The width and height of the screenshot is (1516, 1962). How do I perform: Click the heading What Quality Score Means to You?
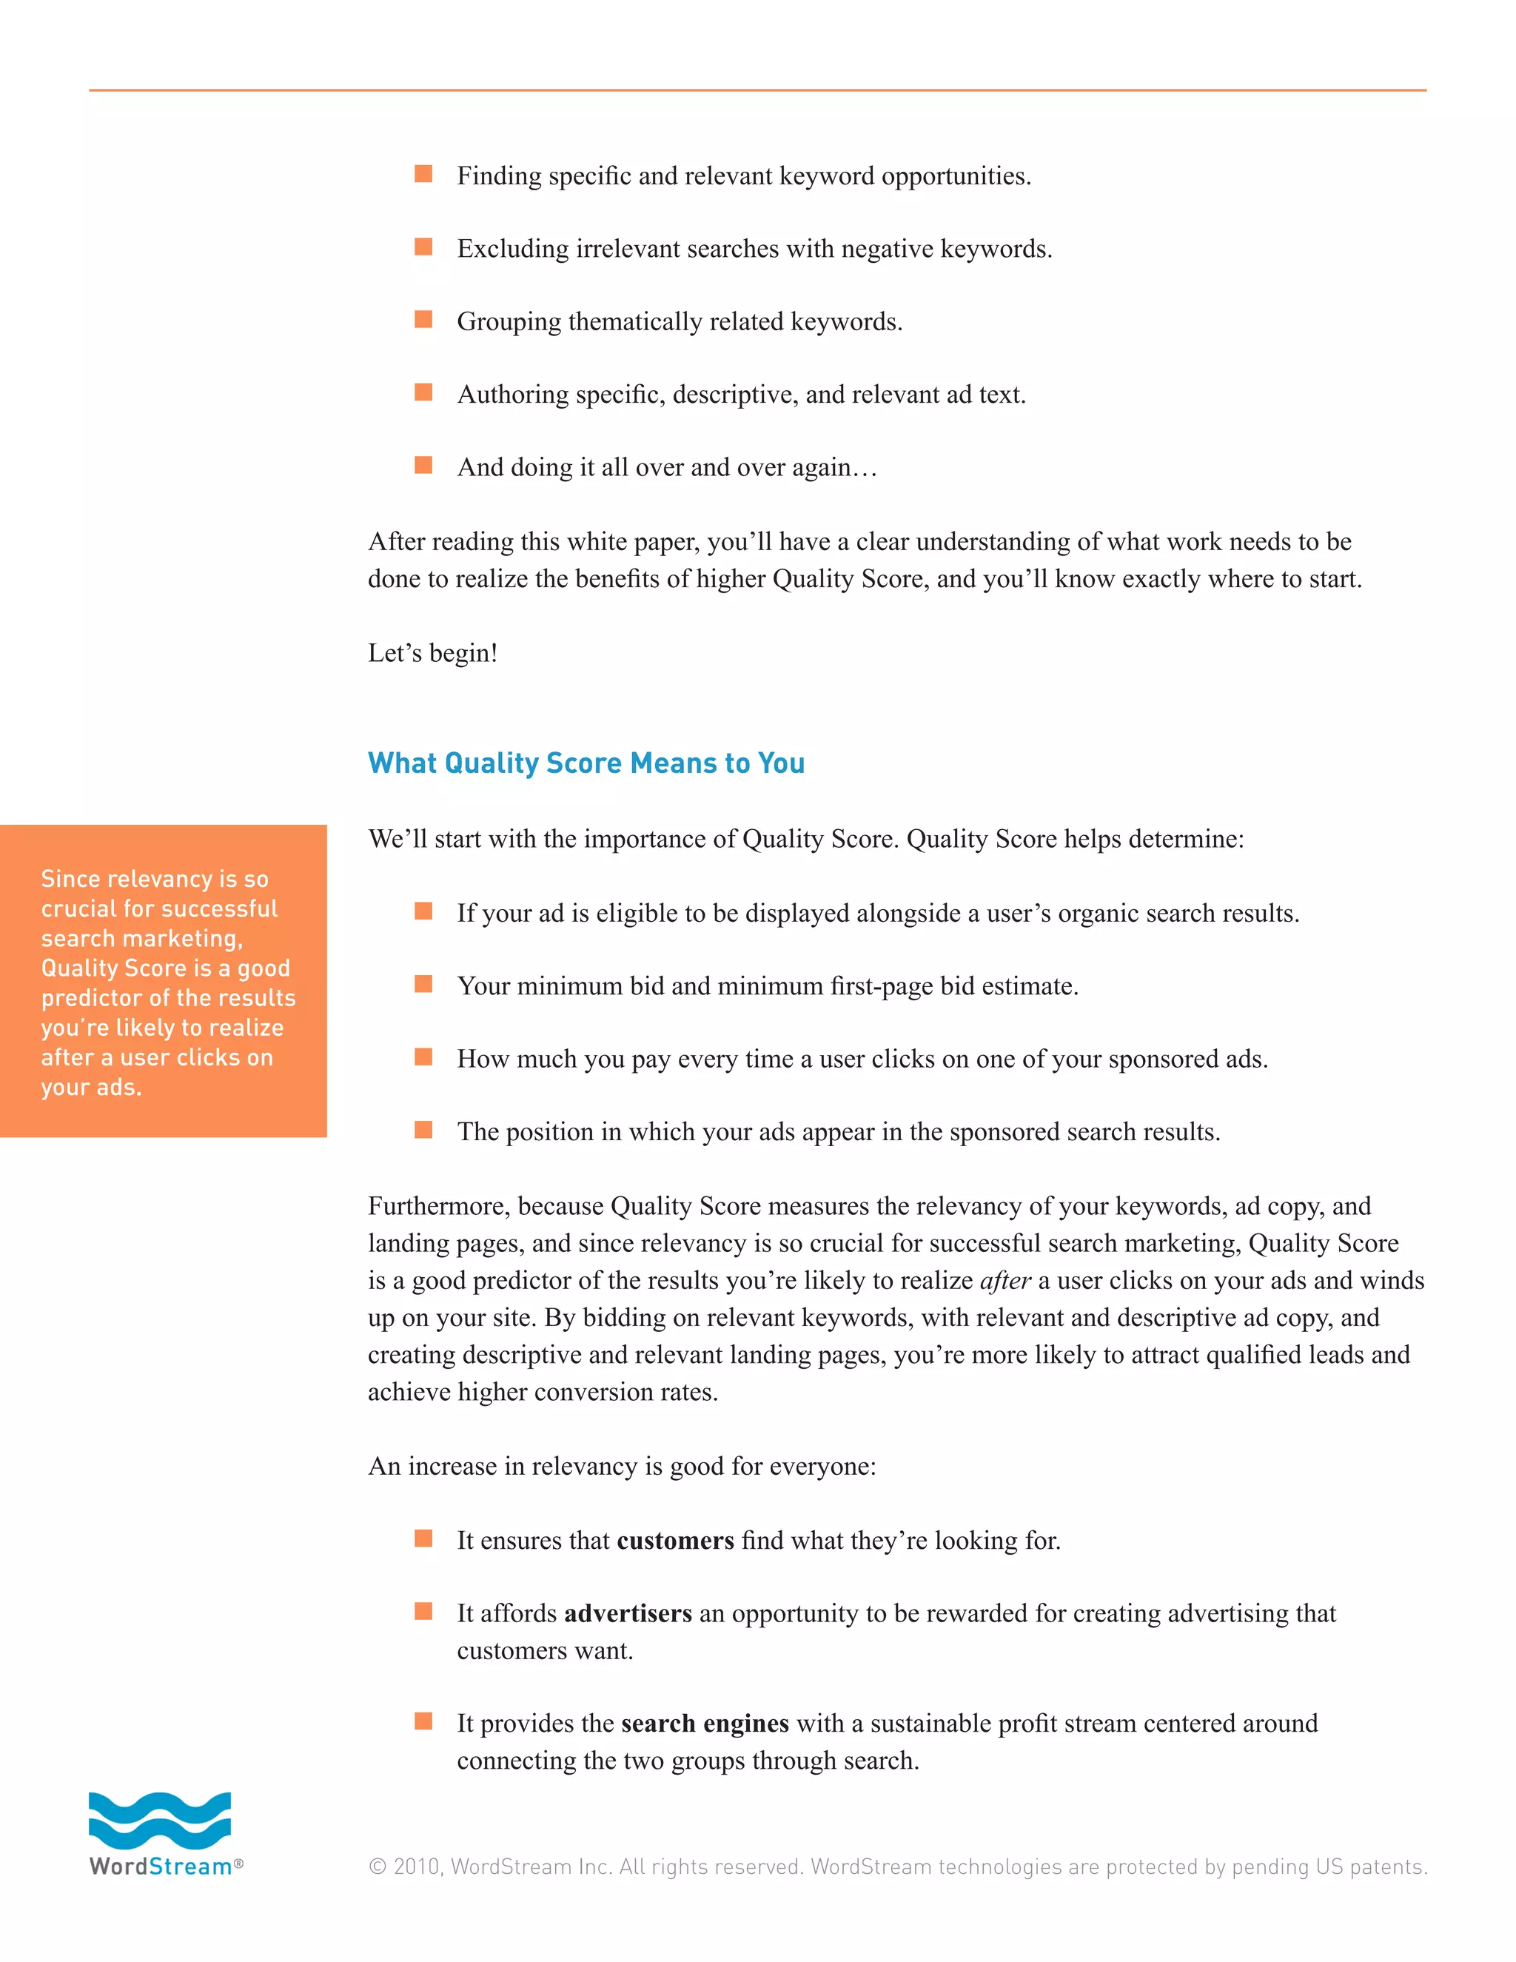pyautogui.click(x=586, y=763)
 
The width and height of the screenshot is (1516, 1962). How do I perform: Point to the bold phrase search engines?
pyautogui.click(x=705, y=1723)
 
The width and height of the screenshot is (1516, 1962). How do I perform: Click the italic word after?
pyautogui.click(x=1005, y=1280)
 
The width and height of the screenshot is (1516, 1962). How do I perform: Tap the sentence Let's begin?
pyautogui.click(x=433, y=653)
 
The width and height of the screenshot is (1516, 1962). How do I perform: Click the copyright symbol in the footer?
pyautogui.click(x=378, y=1866)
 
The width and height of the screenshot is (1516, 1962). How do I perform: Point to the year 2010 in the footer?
pyautogui.click(x=417, y=1866)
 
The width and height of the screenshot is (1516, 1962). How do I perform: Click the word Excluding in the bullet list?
pyautogui.click(x=513, y=249)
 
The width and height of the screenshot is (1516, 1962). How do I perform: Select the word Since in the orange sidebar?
pyautogui.click(x=70, y=879)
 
